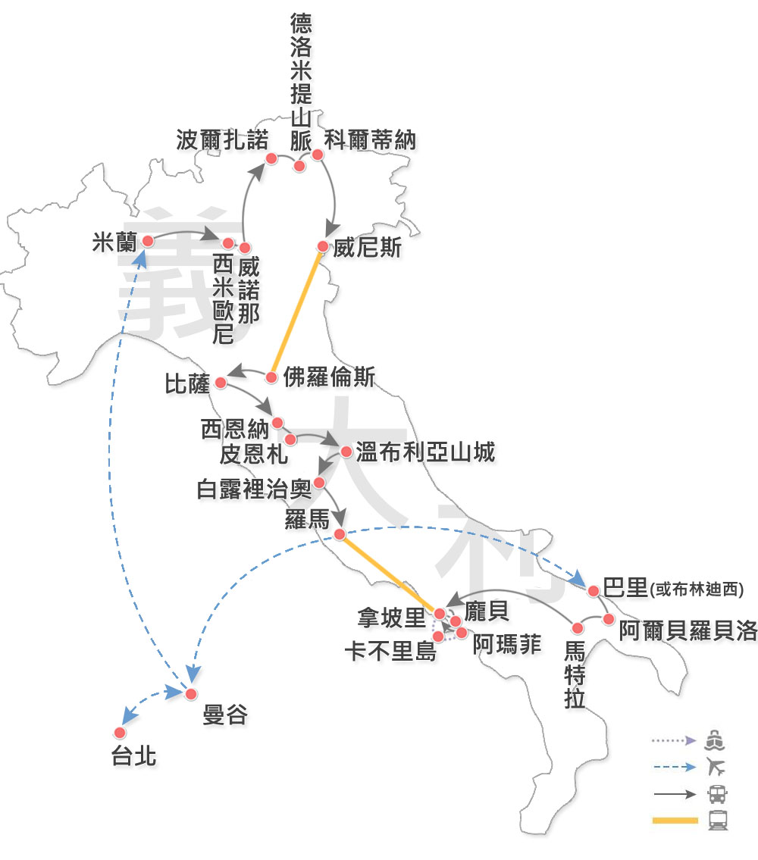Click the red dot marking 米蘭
(x=148, y=241)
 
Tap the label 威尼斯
(x=367, y=247)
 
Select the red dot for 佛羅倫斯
(x=271, y=377)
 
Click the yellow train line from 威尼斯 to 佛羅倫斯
(x=296, y=312)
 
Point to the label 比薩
(x=187, y=383)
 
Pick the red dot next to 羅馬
(x=340, y=534)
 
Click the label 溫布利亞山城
(x=425, y=452)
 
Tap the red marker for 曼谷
(x=191, y=694)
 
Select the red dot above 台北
(x=120, y=733)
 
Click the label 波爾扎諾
(x=222, y=140)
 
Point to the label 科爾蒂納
(x=370, y=140)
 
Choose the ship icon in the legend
(x=715, y=740)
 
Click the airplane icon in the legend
(x=716, y=767)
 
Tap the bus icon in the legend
(x=717, y=794)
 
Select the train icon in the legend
(x=718, y=821)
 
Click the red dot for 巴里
(x=594, y=591)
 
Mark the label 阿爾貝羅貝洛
(x=688, y=630)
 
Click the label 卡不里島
(x=391, y=652)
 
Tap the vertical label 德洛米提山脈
(x=301, y=83)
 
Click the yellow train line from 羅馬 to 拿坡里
(x=389, y=573)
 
